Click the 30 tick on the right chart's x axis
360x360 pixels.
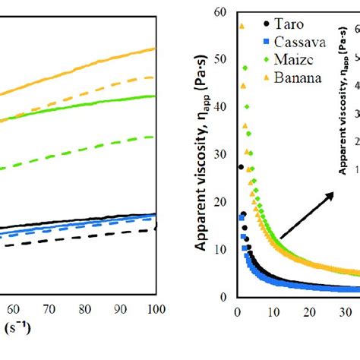click(345, 311)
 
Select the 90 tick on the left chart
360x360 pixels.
click(119, 310)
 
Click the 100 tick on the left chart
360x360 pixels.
click(154, 310)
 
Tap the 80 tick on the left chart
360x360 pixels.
click(84, 310)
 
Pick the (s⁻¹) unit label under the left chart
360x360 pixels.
click(15, 328)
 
